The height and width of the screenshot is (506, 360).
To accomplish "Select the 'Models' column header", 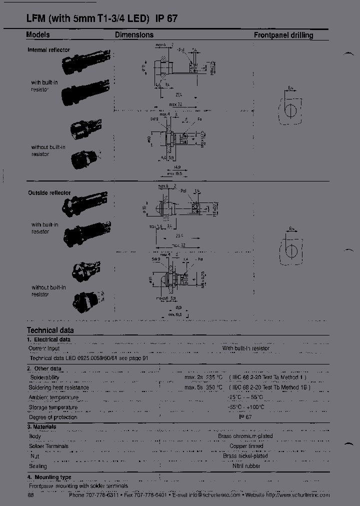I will [x=38, y=35].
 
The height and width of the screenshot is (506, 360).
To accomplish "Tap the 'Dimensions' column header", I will [x=134, y=35].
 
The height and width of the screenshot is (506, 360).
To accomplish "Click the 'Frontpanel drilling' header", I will [x=283, y=35].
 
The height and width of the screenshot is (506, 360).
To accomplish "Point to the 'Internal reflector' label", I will [x=48, y=50].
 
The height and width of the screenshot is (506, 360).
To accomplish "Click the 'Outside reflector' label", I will [x=49, y=192].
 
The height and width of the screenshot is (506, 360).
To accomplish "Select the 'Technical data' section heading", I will [x=50, y=330].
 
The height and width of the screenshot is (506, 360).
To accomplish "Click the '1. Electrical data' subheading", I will [x=48, y=339].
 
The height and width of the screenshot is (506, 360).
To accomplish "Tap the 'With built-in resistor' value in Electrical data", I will [x=245, y=348].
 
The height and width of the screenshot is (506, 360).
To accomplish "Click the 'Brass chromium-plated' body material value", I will [x=245, y=436].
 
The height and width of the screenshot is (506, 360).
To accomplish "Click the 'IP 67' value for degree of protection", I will [x=245, y=416].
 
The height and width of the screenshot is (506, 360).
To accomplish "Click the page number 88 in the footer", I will [x=31, y=495].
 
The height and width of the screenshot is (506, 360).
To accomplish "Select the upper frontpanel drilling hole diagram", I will [x=289, y=108].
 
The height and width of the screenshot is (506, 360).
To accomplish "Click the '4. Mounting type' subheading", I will [x=49, y=477].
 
